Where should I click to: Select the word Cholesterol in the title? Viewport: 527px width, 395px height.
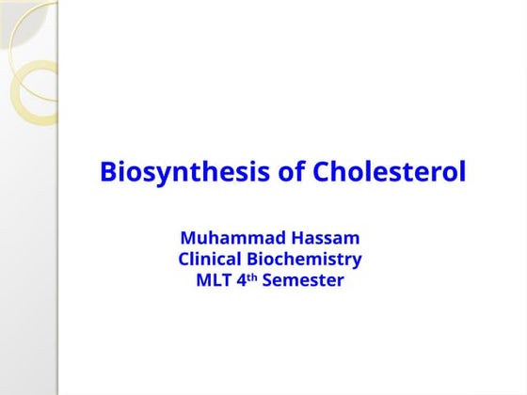389,173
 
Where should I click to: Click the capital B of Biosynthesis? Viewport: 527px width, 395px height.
108,173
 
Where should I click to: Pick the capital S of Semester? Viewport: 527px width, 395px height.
267,280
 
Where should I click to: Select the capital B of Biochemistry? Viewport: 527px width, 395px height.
255,259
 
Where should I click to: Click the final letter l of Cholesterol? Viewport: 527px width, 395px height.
462,172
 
